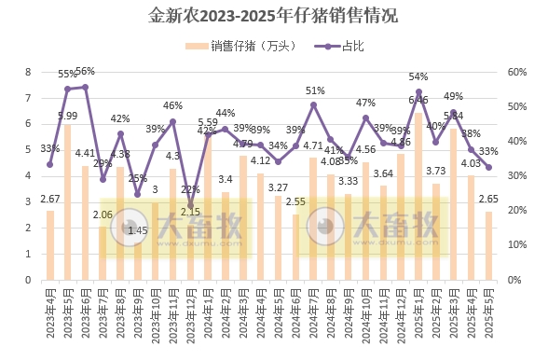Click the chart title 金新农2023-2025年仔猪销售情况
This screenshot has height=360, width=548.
point(273,16)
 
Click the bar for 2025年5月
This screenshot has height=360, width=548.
point(488,245)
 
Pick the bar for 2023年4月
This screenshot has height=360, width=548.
point(50,244)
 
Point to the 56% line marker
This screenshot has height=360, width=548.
point(85,87)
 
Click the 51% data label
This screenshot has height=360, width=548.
point(315,90)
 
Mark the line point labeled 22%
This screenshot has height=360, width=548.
point(190,205)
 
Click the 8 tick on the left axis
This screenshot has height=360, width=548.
point(28,72)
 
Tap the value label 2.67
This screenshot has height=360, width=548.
point(49,200)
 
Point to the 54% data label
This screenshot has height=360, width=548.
point(418,76)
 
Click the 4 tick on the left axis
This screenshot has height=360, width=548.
point(28,175)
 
